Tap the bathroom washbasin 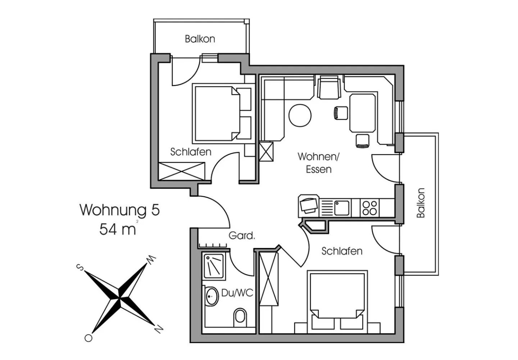(212, 296)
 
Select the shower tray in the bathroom (214, 266)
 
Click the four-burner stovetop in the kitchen (369, 208)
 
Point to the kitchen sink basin (342, 208)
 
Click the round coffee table (300, 116)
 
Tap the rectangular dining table (362, 113)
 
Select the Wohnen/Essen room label (318, 163)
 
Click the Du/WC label (237, 293)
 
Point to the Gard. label (242, 235)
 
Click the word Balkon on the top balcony (200, 39)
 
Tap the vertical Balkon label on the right (421, 203)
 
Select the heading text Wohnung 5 (119, 210)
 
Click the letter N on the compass (159, 329)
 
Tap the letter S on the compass (80, 267)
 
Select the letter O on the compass (88, 338)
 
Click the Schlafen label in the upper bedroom (191, 152)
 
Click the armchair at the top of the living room (329, 88)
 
